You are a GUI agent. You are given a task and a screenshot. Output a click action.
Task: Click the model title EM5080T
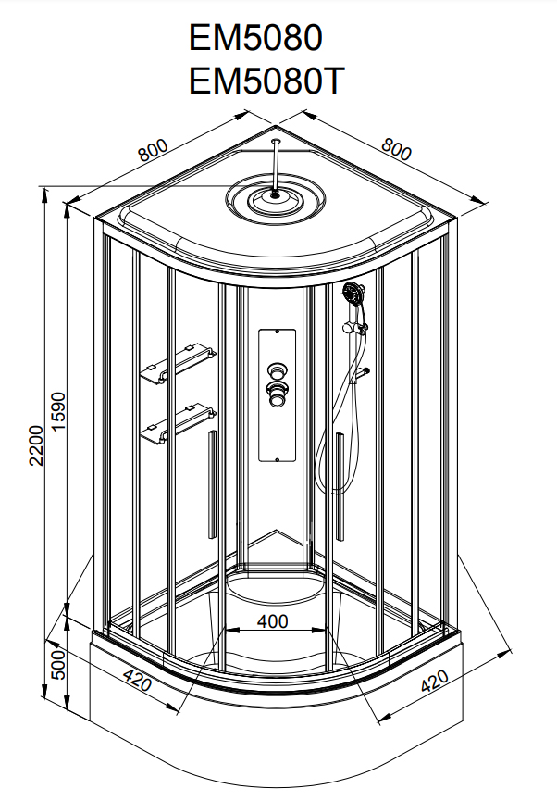pos(266,81)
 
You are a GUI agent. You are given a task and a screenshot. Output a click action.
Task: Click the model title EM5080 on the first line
pos(255,38)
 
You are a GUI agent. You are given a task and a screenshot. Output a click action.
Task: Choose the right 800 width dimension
pos(395,148)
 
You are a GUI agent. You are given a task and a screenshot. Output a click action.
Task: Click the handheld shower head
pos(353,297)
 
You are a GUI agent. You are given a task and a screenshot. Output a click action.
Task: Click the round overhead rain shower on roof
pos(276,197)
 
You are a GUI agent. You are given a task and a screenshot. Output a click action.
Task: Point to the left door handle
pos(212,482)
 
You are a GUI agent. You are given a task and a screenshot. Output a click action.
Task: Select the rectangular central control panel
pos(276,394)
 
